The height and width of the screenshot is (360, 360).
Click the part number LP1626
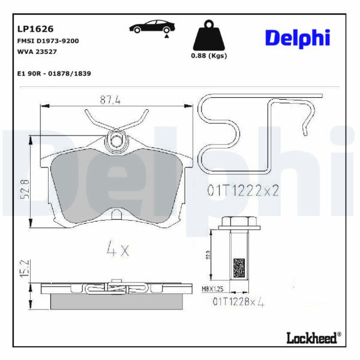tap(35, 29)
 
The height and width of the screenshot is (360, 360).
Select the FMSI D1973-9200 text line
tap(48, 41)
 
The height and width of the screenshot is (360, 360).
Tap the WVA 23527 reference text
tap(37, 52)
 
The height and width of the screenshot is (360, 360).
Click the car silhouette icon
tap(152, 28)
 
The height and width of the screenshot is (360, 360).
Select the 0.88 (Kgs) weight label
tap(209, 56)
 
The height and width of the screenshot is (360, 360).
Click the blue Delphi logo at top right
tap(298, 38)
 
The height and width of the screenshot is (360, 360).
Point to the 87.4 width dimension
tap(110, 100)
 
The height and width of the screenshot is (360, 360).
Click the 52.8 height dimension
tap(25, 189)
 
